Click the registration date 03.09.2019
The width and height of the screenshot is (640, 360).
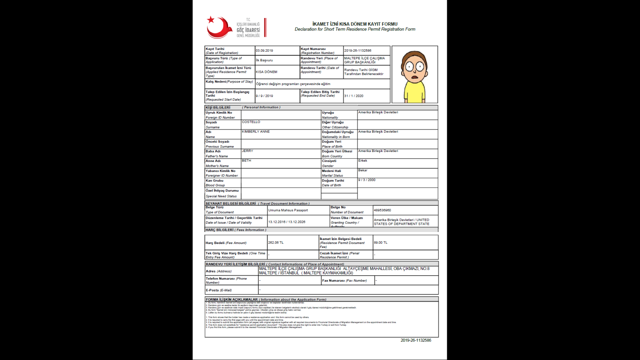coord(264,51)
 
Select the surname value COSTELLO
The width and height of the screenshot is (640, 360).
coord(251,122)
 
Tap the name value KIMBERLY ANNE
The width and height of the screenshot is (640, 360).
coord(256,132)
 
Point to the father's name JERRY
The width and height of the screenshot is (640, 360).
coord(247,151)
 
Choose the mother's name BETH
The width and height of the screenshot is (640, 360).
coord(246,160)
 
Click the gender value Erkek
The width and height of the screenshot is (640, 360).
coord(363,160)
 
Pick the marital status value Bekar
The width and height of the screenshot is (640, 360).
coord(363,170)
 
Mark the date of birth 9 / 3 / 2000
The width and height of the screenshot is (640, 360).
coord(367,180)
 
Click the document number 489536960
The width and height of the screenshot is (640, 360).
coord(382,210)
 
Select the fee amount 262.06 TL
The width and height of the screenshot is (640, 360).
coord(276,242)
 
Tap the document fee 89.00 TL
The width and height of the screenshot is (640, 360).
coord(380,242)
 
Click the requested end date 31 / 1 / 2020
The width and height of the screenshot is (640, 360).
coord(354,96)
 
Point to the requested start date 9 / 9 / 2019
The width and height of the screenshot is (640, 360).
coord(264,96)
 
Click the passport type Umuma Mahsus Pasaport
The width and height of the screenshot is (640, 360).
coord(288,210)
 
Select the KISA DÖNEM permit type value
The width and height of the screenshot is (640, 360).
coord(266,72)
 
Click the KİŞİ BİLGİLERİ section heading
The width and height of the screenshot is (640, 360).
coord(218,107)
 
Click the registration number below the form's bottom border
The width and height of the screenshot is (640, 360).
coord(416,340)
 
